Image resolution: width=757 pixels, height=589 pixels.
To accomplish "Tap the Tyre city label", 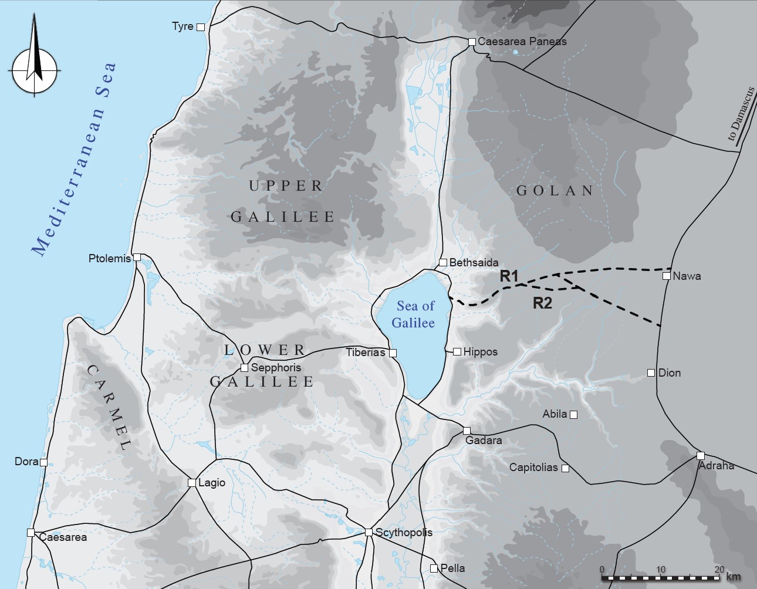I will [x=183, y=26].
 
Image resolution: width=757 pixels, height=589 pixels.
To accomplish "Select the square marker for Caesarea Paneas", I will [x=472, y=42].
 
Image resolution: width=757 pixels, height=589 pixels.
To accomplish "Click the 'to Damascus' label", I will [x=741, y=114].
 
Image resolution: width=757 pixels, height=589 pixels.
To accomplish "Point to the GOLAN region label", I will [x=555, y=191].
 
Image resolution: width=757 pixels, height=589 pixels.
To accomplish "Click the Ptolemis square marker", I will [x=137, y=257].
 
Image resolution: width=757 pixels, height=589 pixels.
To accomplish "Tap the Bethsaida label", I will [x=474, y=263].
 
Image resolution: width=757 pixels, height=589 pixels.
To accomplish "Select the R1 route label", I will [x=509, y=276].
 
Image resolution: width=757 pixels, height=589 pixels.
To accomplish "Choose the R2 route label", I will [x=542, y=303].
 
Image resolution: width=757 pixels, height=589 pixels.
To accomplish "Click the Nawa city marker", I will [x=667, y=276].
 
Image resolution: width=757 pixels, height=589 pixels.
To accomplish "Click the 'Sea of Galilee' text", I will [x=414, y=314].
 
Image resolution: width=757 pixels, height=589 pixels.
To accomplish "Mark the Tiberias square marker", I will [x=393, y=353].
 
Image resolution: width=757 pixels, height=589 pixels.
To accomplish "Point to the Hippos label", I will [x=480, y=352].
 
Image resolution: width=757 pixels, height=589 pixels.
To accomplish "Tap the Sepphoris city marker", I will [x=244, y=368].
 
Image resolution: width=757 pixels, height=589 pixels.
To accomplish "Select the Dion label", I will [x=670, y=373].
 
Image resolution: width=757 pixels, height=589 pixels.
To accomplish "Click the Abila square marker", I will [x=574, y=415].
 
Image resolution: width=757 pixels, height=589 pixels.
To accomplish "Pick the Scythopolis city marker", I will [x=369, y=532].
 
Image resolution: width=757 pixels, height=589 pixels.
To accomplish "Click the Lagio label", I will [x=212, y=483].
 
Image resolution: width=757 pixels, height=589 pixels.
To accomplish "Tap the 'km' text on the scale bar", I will [x=733, y=577].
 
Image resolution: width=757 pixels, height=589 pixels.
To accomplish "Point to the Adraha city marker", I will [x=700, y=455].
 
